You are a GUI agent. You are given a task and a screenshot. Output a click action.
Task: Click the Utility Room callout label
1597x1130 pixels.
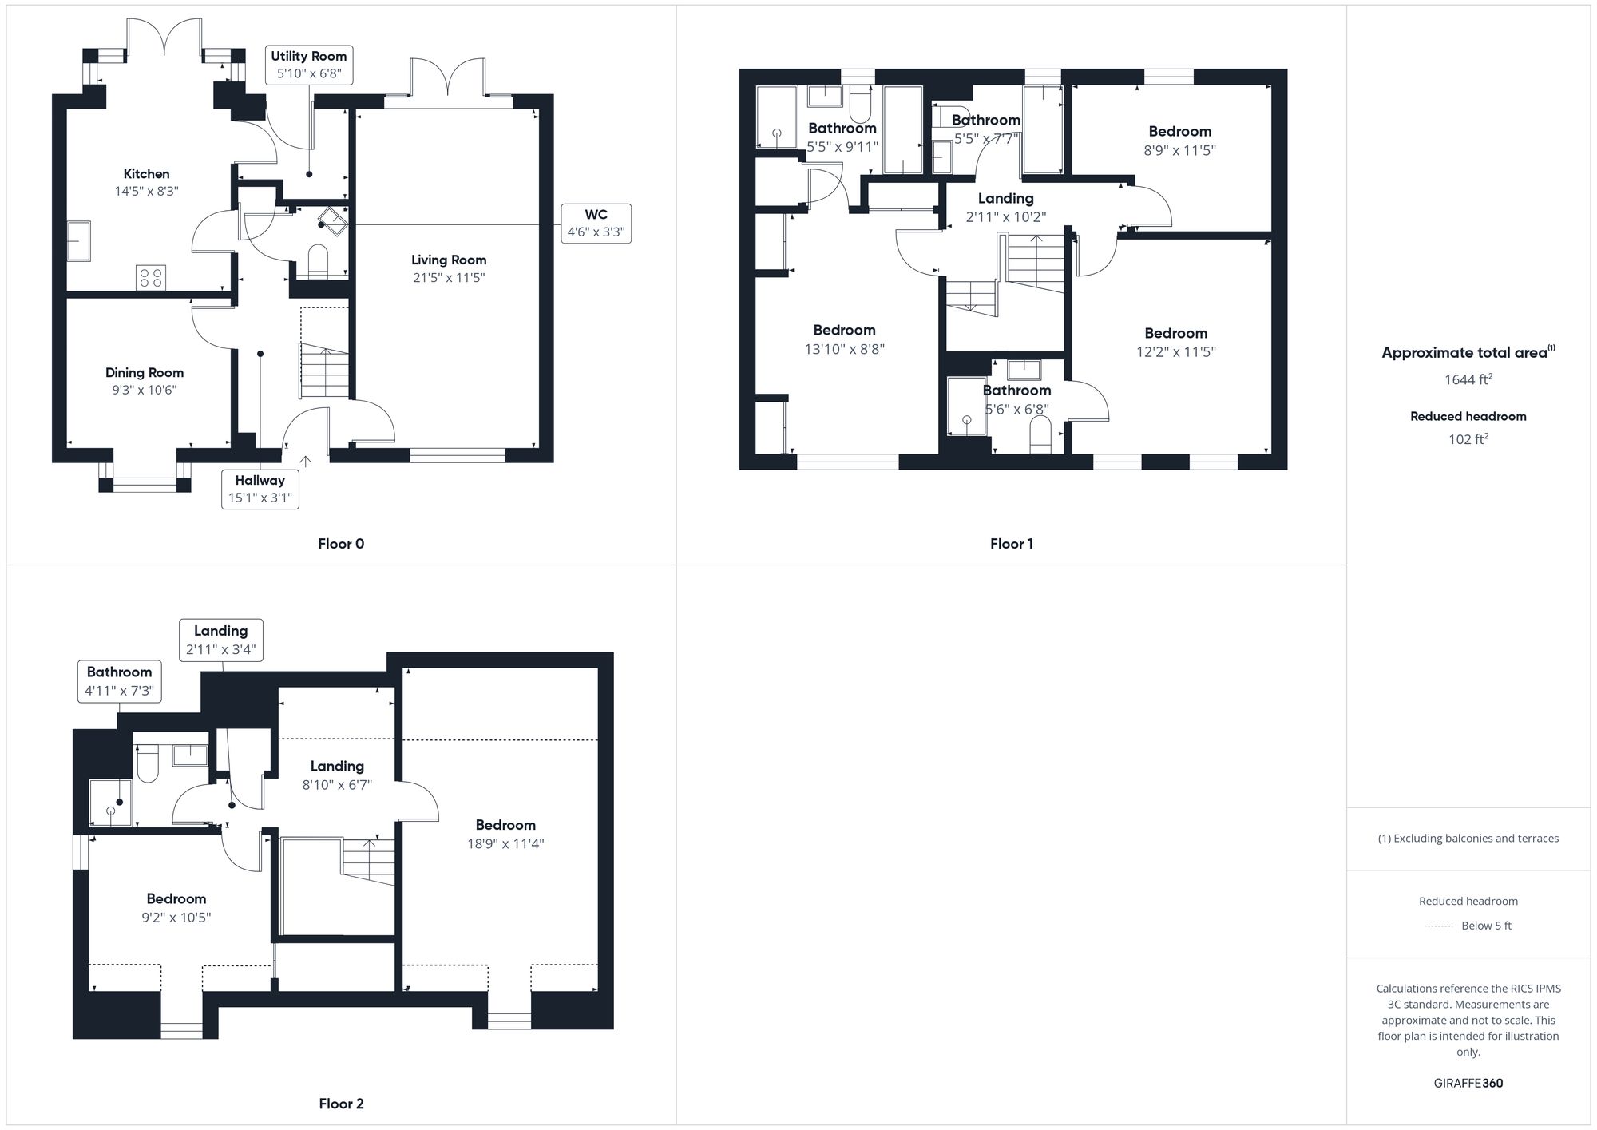308,65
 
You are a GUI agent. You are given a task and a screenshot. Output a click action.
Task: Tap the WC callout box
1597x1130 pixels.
596,224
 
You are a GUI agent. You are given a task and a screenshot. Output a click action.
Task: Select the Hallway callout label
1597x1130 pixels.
260,489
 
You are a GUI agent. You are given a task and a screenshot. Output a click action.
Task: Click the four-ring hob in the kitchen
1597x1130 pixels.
151,277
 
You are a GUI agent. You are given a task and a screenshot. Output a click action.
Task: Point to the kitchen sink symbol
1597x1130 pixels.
78,240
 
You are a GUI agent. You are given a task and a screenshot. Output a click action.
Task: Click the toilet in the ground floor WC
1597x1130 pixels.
318,261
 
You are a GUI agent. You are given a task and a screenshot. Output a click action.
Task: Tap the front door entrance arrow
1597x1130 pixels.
305,462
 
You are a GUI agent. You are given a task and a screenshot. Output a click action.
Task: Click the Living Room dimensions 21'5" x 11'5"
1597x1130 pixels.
448,278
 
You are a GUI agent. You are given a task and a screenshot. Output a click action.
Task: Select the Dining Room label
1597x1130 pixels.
145,372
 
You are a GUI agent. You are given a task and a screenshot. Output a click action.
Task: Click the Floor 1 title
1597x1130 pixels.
1011,544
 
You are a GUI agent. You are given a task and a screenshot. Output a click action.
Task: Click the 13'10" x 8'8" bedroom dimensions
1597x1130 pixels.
844,349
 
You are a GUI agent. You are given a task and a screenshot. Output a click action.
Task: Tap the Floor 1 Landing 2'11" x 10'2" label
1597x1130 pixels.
1005,207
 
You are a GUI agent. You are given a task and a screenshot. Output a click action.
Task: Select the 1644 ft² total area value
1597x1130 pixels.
1468,379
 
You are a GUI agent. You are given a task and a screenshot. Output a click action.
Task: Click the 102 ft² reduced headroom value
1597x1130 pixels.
1468,438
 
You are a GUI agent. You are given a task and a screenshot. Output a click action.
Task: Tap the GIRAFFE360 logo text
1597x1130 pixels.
1468,1083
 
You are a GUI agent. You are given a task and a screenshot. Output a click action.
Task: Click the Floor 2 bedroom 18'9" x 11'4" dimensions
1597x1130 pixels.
505,843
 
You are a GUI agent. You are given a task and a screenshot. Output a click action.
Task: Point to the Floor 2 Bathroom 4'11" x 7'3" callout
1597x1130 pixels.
119,681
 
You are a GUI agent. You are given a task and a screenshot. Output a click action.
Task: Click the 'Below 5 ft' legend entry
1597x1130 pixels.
1485,926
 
